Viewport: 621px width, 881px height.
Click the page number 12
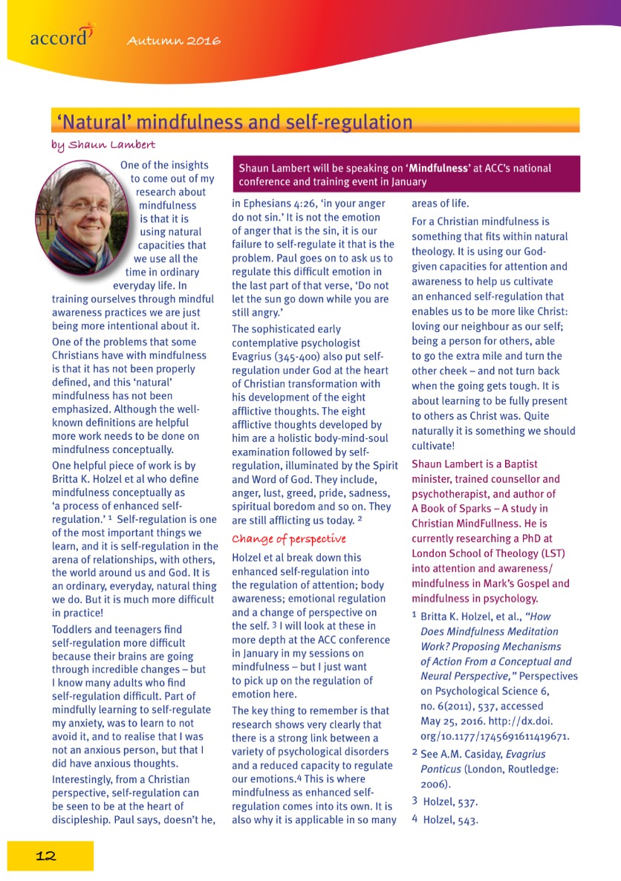click(46, 855)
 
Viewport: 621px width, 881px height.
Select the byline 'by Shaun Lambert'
click(103, 143)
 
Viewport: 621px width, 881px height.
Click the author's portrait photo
click(81, 217)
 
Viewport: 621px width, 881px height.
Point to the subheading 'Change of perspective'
click(289, 539)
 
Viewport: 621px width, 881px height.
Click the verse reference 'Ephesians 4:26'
click(287, 203)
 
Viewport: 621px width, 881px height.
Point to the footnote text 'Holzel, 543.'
click(449, 820)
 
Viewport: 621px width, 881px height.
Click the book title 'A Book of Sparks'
click(454, 508)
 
